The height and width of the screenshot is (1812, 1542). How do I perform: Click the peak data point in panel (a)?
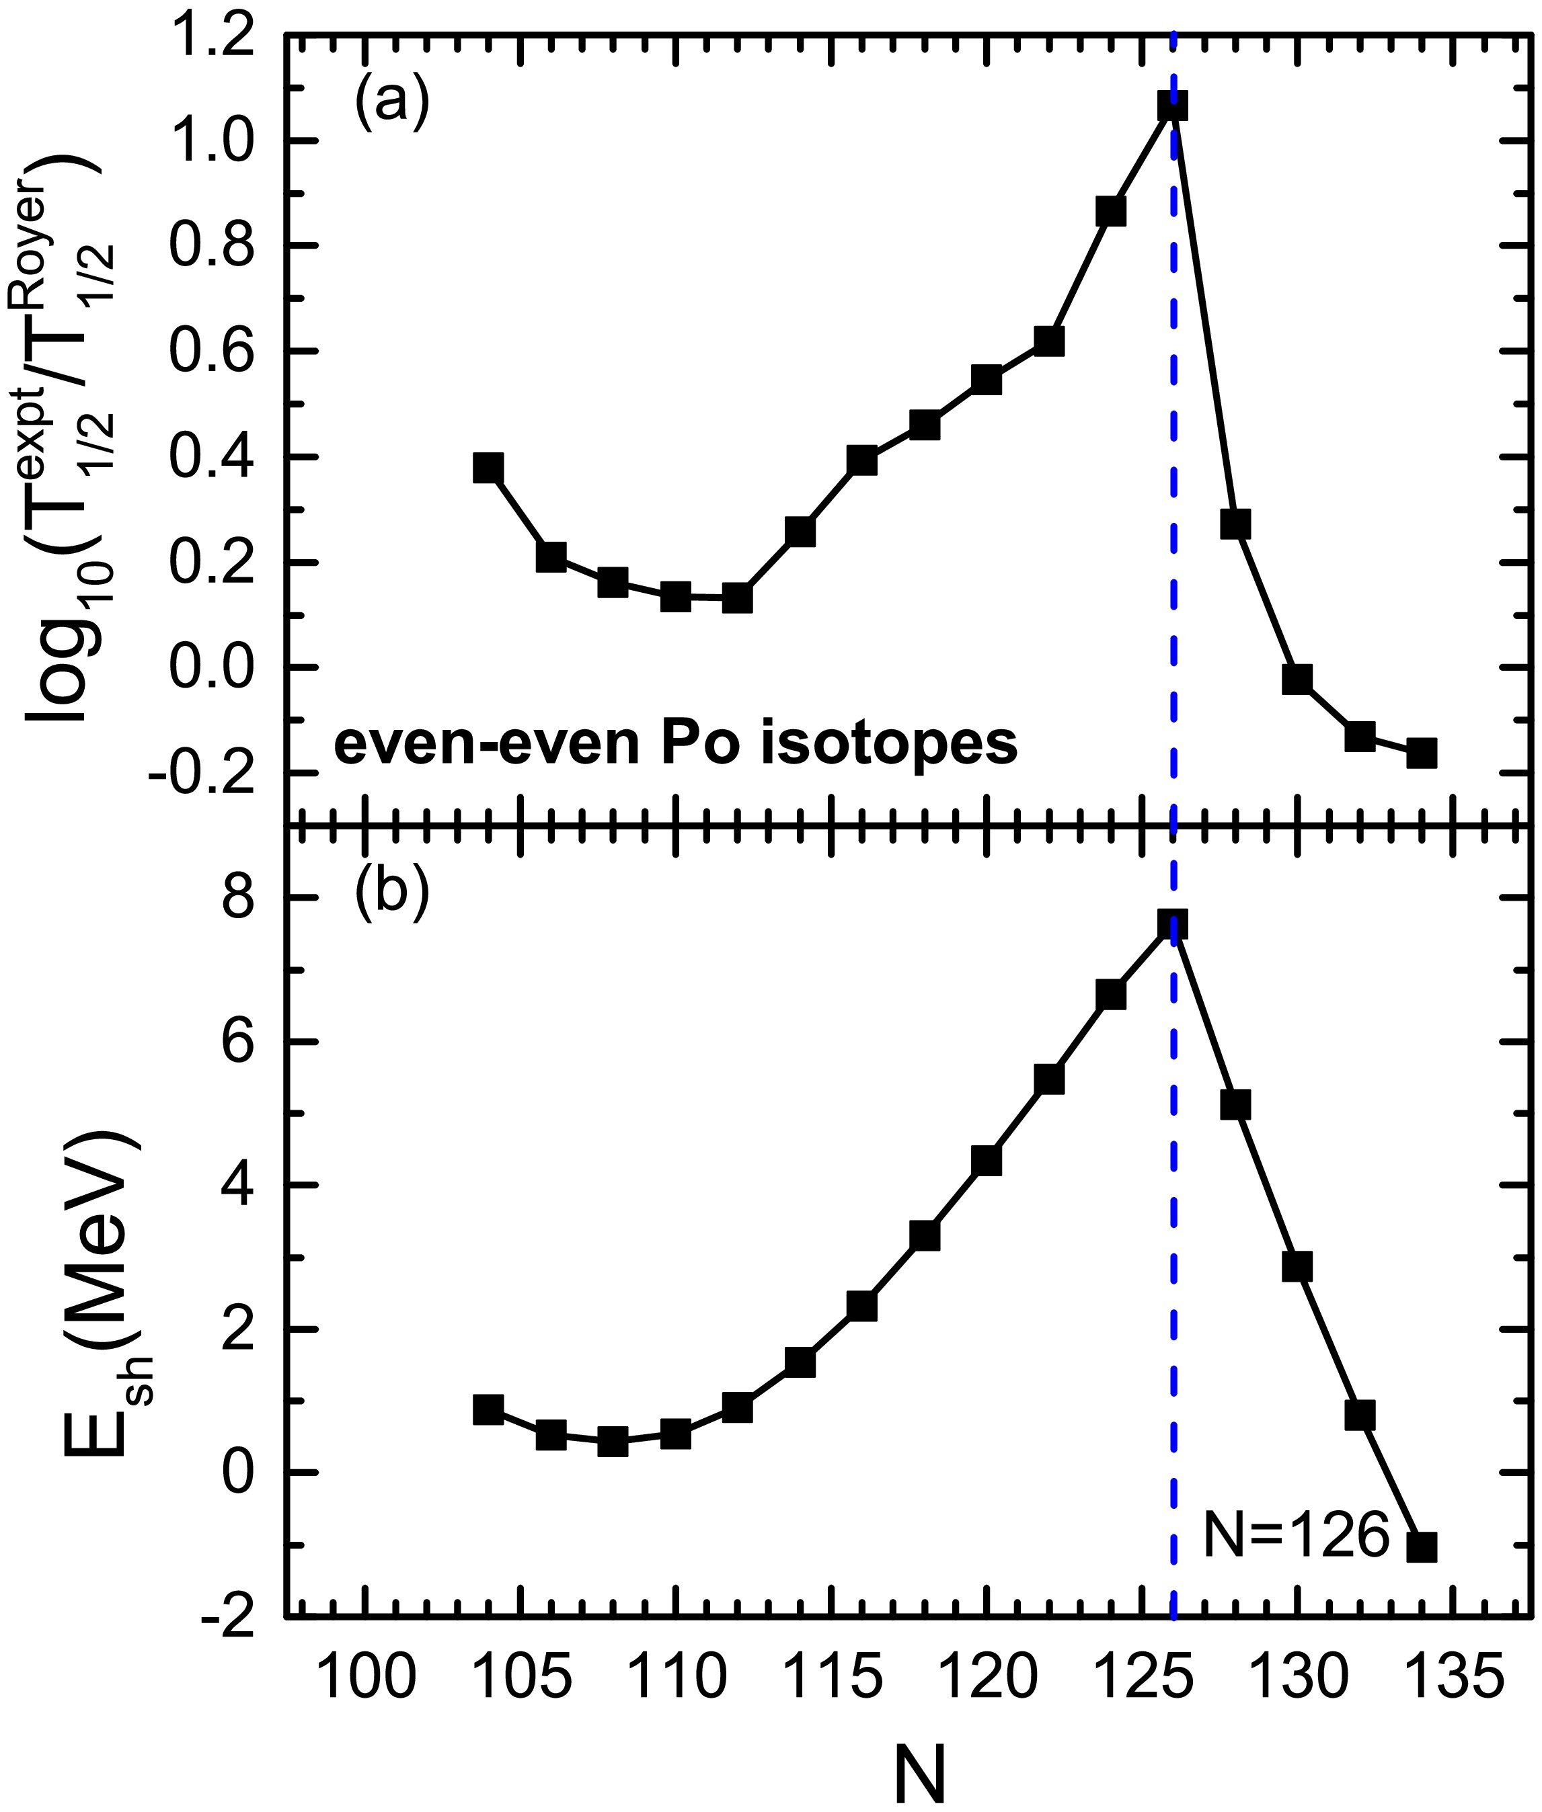tap(1172, 107)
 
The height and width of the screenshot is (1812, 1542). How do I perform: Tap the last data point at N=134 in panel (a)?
tap(1422, 752)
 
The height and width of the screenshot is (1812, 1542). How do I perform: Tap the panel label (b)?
tap(391, 894)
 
